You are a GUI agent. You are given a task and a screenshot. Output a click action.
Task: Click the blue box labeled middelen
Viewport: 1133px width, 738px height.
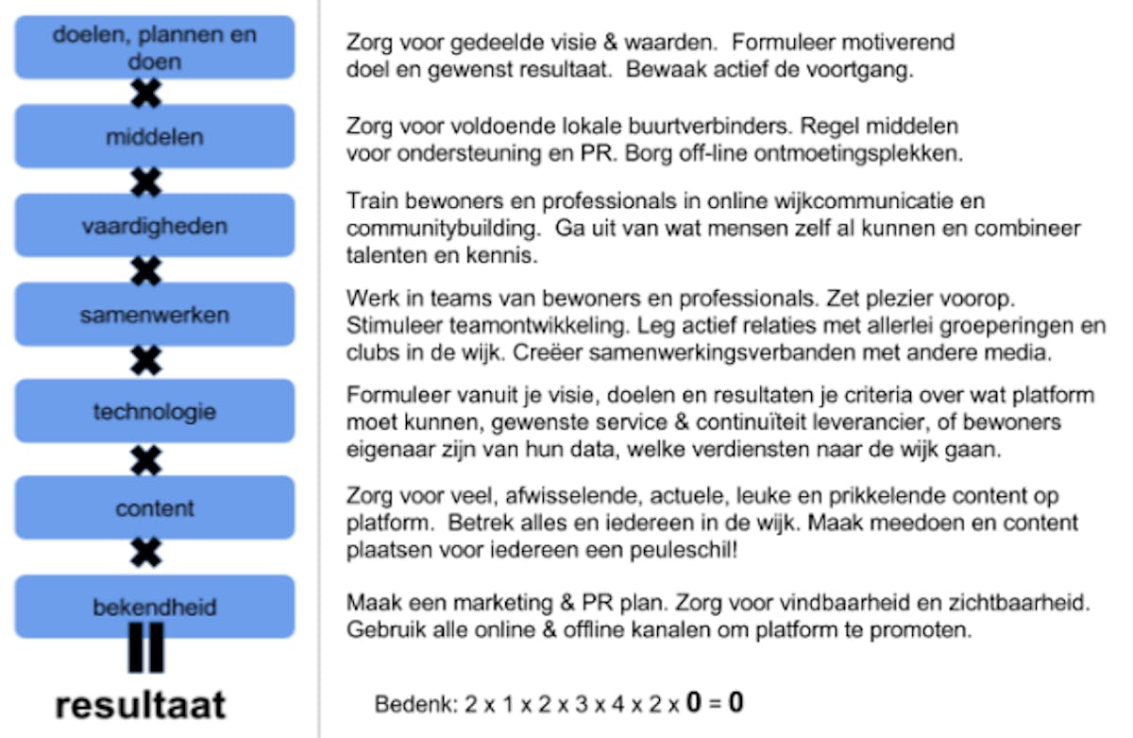tap(155, 136)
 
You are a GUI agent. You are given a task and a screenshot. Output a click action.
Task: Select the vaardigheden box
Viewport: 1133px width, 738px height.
tap(155, 226)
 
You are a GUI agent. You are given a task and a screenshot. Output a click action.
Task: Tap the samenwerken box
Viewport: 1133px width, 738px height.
tap(155, 315)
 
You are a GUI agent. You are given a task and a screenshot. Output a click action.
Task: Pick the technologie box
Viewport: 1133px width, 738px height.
tap(155, 412)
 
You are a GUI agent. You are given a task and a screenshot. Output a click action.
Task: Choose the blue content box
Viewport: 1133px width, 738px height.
tap(155, 508)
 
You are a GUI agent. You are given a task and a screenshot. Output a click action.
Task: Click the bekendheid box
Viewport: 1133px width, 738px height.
tap(155, 606)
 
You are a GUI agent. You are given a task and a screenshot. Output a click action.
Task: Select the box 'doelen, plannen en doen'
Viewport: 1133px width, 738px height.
tap(155, 47)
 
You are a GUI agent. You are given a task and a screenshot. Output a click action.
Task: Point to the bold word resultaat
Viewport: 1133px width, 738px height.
tap(141, 705)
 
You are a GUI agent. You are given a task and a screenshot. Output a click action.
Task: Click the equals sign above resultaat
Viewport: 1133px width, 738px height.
tap(145, 647)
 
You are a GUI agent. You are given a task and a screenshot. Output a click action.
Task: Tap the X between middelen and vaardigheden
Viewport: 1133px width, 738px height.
tap(145, 181)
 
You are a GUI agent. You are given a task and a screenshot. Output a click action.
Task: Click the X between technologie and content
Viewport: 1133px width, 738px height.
tap(145, 461)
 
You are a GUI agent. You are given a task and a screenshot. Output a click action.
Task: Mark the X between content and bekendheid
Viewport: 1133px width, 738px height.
tap(145, 554)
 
